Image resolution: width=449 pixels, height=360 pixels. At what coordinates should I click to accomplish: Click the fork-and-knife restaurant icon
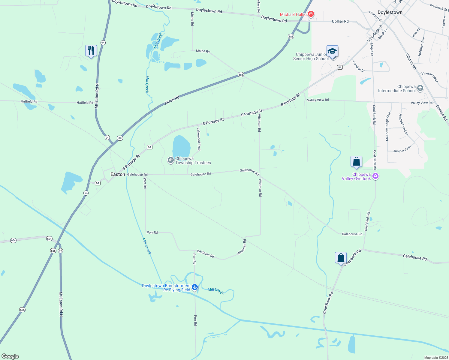coord(91,51)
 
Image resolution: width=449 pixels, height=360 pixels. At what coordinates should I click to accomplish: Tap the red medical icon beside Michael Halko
coord(311,14)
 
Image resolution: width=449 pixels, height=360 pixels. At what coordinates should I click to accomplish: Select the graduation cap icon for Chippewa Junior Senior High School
coord(332,51)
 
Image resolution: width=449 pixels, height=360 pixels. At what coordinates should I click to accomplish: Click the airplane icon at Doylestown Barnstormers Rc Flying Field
coord(195,287)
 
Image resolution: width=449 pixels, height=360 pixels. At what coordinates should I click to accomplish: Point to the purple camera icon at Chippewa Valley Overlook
coord(375,176)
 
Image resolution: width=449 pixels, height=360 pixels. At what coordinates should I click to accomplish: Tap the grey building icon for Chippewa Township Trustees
coord(170,160)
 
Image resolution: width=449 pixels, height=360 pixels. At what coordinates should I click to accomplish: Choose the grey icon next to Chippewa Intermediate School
coord(420,88)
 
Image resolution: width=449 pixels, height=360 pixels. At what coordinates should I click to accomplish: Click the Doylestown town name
coord(390,12)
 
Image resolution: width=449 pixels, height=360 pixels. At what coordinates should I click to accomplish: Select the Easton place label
coord(118,174)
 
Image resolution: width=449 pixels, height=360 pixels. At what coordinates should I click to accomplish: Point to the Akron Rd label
coord(172,100)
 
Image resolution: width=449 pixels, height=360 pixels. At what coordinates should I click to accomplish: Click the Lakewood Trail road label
coord(198,139)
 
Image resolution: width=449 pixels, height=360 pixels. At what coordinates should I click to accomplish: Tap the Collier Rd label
coord(340,21)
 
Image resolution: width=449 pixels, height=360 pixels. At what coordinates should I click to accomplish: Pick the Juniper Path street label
coord(402,149)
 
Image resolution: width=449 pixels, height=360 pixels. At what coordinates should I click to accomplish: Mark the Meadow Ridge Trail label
coord(388,126)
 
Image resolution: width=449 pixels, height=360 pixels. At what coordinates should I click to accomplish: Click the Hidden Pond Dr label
coord(403,124)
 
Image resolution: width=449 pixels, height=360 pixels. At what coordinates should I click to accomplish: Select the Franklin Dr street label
coord(358,66)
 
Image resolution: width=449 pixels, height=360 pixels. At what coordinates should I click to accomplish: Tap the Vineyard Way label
coord(430,77)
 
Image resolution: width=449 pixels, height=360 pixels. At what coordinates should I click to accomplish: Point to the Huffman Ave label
coord(421,46)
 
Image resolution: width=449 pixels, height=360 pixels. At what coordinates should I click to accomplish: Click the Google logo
coord(10,356)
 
